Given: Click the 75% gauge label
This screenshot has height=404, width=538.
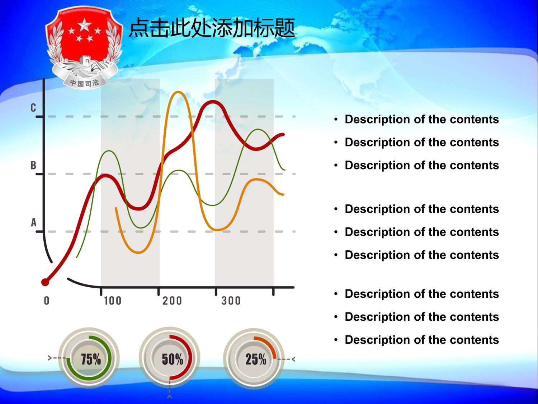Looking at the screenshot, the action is click(x=91, y=359).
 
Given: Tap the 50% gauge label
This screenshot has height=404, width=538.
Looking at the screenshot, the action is click(x=173, y=359).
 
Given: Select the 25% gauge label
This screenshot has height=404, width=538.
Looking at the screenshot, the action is click(x=256, y=359).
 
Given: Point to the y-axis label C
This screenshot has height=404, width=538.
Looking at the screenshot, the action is click(x=33, y=108).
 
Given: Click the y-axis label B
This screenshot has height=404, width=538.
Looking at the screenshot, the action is click(x=33, y=165).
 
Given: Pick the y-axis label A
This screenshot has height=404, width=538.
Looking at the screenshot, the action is click(x=34, y=223).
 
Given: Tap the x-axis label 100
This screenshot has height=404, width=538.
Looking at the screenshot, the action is click(x=113, y=301).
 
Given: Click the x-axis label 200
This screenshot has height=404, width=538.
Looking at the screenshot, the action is click(x=172, y=301).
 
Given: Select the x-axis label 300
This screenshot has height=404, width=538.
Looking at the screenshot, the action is click(x=231, y=301).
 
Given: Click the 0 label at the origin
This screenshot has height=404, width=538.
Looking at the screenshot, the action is click(x=47, y=301).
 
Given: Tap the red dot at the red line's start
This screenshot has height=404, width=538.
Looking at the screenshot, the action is click(x=45, y=282).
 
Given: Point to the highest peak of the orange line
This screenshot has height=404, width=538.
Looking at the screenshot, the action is click(x=178, y=93).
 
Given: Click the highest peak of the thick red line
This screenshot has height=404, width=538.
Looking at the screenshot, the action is click(x=213, y=102).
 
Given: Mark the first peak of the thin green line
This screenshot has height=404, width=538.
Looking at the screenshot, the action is click(x=109, y=151).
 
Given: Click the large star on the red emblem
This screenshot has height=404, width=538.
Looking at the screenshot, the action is click(x=85, y=24).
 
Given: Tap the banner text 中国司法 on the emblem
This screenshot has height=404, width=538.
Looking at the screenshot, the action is click(x=85, y=83).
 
